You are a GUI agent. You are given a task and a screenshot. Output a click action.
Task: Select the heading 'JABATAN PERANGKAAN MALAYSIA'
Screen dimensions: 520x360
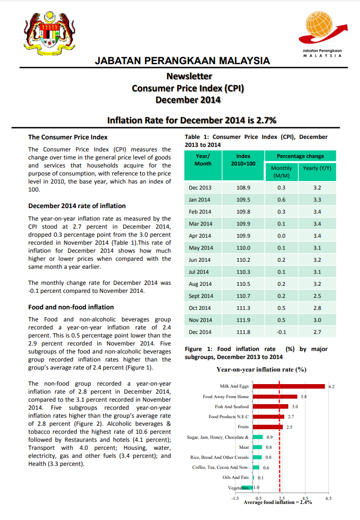click(183, 61)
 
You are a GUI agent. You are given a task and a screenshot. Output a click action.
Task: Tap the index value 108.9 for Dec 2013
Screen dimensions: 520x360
click(243, 188)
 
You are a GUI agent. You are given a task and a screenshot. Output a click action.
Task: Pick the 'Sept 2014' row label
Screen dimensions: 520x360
click(201, 296)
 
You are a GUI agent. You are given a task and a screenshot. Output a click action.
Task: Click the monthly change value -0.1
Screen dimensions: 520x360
click(281, 332)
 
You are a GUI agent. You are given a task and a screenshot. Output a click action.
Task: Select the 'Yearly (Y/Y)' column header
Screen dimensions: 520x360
click(317, 168)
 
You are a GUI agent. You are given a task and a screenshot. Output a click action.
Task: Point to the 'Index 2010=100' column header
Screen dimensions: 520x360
click(243, 160)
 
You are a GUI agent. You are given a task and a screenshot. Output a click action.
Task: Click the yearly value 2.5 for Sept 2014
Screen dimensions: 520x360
click(317, 296)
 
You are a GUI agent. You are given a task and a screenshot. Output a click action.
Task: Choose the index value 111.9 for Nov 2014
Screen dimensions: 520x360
click(243, 320)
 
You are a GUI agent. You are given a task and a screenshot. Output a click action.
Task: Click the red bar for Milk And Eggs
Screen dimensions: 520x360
click(289, 386)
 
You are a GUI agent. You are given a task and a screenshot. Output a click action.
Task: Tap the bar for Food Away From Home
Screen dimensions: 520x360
click(275, 397)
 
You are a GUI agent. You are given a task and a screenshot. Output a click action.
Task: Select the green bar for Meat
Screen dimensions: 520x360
click(257, 447)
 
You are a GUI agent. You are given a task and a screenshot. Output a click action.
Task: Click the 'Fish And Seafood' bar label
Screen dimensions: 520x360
click(232, 407)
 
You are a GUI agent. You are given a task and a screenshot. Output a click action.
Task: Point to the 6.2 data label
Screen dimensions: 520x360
click(331, 387)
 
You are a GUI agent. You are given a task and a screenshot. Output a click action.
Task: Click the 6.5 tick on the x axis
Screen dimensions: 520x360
click(328, 498)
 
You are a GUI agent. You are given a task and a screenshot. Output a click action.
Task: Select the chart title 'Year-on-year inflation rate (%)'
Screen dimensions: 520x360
click(261, 370)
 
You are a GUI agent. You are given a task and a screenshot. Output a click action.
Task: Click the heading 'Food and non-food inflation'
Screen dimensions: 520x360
click(71, 307)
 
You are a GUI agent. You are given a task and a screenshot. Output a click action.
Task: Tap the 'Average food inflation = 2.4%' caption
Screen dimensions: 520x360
click(277, 502)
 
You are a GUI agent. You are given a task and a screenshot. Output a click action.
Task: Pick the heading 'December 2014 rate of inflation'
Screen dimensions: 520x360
click(77, 206)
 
